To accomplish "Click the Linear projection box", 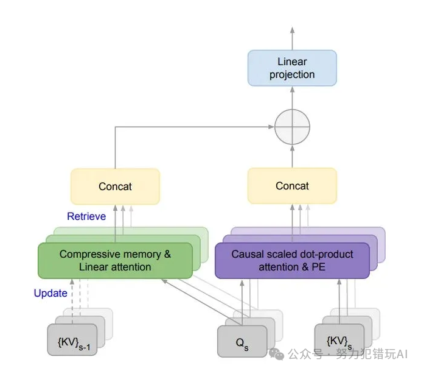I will (292, 68).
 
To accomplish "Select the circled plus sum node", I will (292, 127).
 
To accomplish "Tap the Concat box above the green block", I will (115, 186).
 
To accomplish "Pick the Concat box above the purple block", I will (292, 186).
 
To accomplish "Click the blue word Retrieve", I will (86, 216).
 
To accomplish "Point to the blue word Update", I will (50, 293).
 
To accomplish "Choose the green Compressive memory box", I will (115, 260).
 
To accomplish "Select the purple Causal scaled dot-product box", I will (292, 260).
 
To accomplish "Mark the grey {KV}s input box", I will (339, 340).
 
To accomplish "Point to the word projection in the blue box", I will (292, 74).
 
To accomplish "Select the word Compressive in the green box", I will (85, 254).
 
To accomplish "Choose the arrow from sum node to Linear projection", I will (292, 97).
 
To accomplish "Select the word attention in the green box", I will (129, 267).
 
